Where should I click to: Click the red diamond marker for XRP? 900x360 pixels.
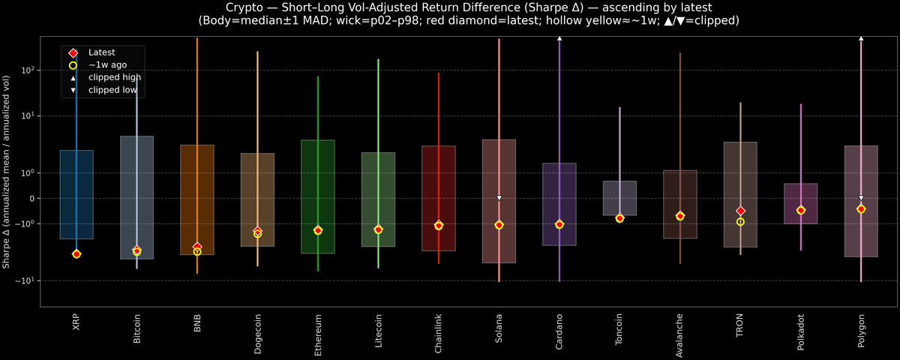click(x=76, y=254)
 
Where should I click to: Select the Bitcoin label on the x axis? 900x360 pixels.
click(x=136, y=328)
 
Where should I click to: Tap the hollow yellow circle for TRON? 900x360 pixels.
click(x=740, y=222)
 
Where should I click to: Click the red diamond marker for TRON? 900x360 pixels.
click(x=740, y=211)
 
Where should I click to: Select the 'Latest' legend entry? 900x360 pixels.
click(x=101, y=52)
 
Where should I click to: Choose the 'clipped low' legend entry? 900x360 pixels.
click(x=112, y=89)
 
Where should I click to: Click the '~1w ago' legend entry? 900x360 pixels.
click(x=107, y=64)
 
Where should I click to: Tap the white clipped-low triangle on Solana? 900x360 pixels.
click(x=499, y=198)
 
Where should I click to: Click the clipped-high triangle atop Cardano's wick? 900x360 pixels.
click(x=559, y=37)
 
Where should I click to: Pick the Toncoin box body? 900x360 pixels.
click(x=619, y=197)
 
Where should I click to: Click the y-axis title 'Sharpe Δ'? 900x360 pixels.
click(x=7, y=172)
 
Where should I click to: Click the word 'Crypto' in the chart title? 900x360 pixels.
click(x=223, y=7)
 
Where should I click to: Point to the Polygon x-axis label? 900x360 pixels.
click(x=861, y=331)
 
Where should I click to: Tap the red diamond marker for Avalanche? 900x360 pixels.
click(x=680, y=216)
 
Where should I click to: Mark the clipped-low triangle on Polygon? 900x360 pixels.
click(x=861, y=198)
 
